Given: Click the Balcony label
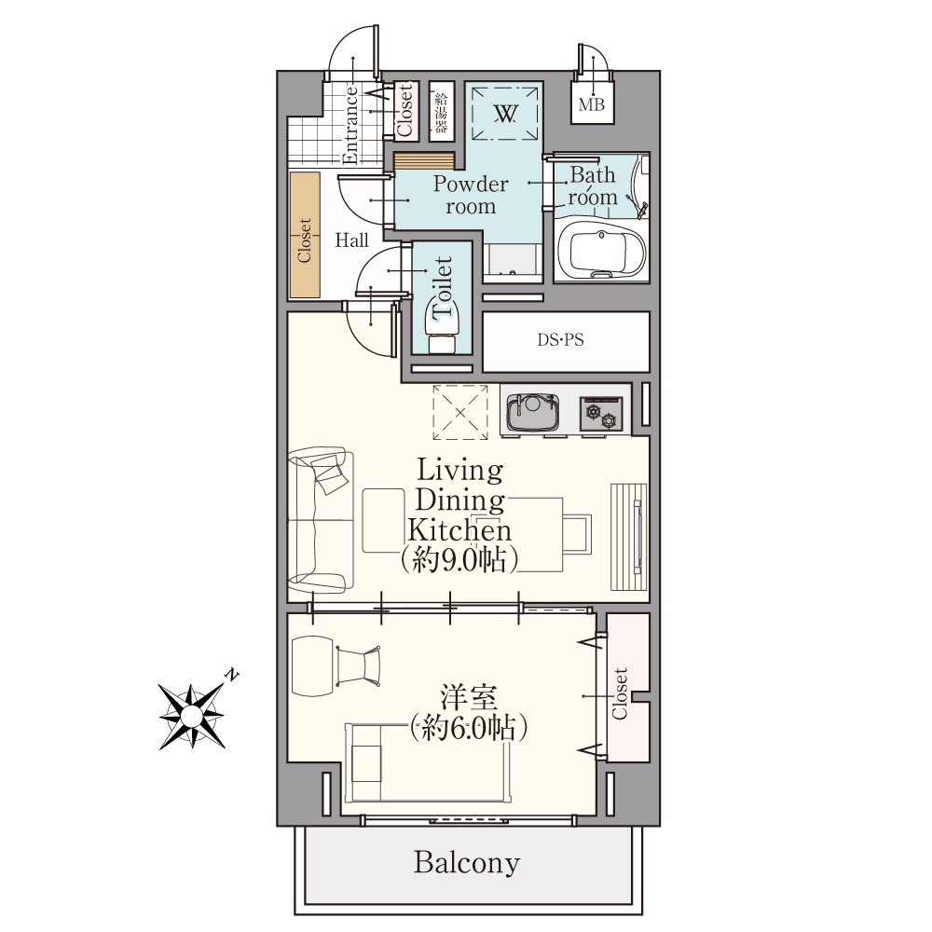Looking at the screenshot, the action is click(467, 862).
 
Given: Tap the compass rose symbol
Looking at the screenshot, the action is click(191, 716).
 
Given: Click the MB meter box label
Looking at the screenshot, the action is click(592, 104).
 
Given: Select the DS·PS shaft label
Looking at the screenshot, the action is click(560, 340).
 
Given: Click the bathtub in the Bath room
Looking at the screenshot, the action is click(601, 251).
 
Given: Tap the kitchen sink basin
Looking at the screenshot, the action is click(532, 411).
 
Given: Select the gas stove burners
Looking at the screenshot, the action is click(601, 414).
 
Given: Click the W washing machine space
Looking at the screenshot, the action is click(505, 114).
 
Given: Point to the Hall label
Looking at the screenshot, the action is click(351, 240).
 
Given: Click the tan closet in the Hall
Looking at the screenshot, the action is click(305, 235).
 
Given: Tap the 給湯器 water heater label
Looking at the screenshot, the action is click(441, 113).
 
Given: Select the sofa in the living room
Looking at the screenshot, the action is click(321, 520).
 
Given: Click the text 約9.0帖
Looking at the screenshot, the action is click(459, 559).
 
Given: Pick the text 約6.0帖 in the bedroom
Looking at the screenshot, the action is click(469, 728).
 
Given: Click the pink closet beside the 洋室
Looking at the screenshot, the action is click(628, 688).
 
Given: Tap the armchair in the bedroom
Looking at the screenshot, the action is click(358, 665).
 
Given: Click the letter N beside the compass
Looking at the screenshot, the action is click(232, 675).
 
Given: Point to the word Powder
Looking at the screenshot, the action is click(470, 184).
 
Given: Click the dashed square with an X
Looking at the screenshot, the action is click(460, 412).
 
